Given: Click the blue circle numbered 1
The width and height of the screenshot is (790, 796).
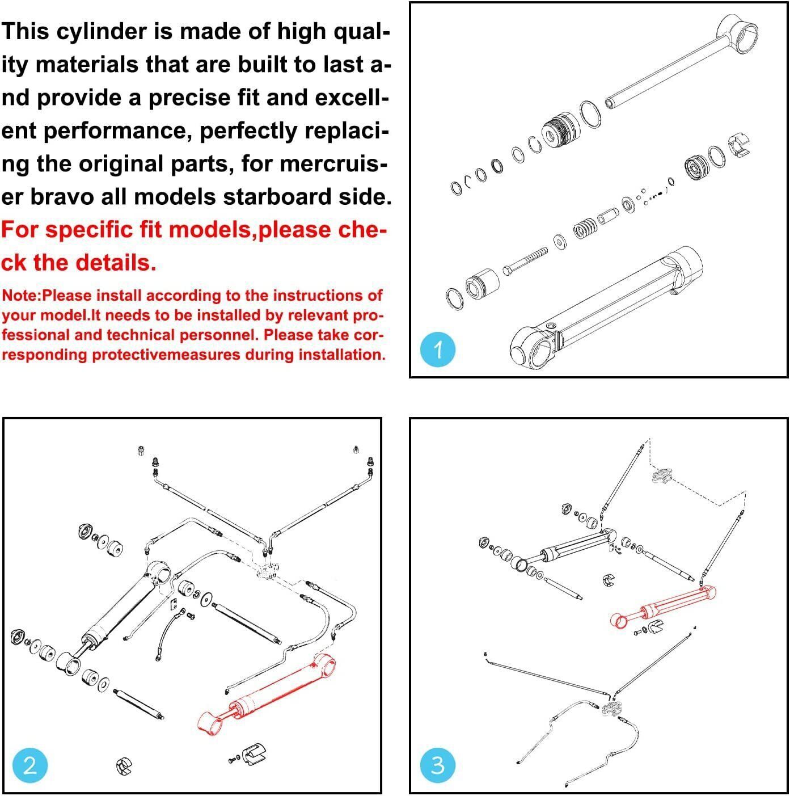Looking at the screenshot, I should click(x=438, y=349).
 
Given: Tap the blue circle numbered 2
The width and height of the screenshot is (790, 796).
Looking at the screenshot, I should click(x=30, y=766).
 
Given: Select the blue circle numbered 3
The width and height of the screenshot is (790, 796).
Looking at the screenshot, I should click(x=438, y=766).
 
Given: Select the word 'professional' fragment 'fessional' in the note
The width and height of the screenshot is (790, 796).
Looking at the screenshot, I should click(x=35, y=335).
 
